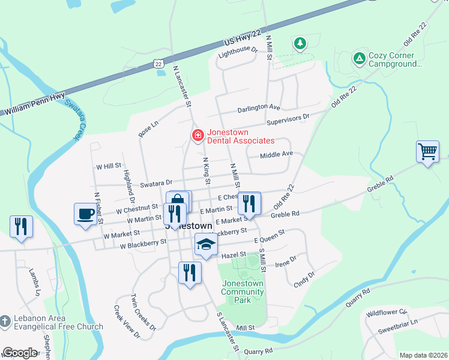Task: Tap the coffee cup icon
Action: pyautogui.click(x=84, y=214)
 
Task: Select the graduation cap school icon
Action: pyautogui.click(x=206, y=244)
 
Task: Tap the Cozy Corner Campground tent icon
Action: pyautogui.click(x=359, y=58)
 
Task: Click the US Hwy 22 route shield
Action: pyautogui.click(x=158, y=63)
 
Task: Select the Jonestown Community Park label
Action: pyautogui.click(x=243, y=292)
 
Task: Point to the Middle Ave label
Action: pyautogui.click(x=276, y=154)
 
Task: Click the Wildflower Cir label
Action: pyautogui.click(x=387, y=313)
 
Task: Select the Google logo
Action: pyautogui.click(x=20, y=352)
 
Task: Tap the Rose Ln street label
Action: pyautogui.click(x=148, y=128)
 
